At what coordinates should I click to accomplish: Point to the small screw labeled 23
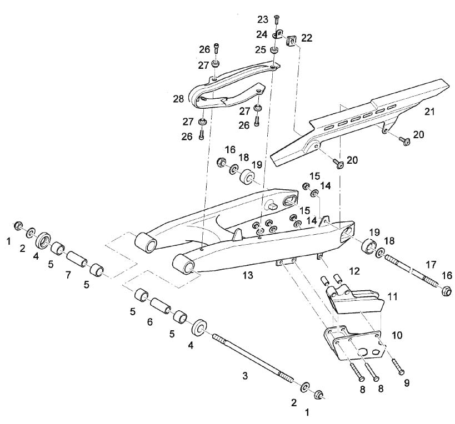tap(276, 21)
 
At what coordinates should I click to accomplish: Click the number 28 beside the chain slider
tap(178, 99)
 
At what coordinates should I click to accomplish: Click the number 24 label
tap(262, 34)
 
